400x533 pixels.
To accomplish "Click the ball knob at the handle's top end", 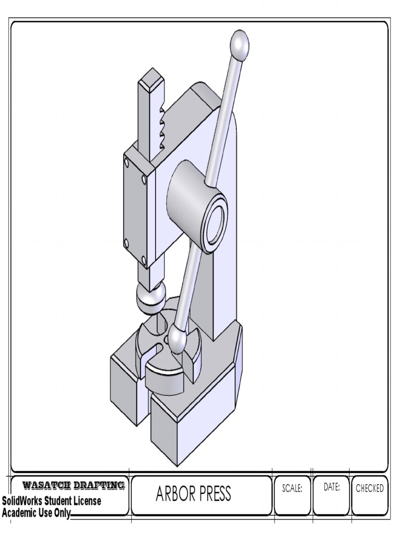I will point(239,45).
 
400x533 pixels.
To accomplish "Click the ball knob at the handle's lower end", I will point(178,340).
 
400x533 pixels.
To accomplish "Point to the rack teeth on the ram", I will point(161,125).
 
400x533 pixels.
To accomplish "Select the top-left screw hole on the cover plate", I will point(127,162).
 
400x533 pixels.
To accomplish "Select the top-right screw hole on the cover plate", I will point(144,179).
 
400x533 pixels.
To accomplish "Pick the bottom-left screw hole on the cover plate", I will point(127,242).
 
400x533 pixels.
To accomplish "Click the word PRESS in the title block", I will point(213,494).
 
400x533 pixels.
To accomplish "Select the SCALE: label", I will point(292,488).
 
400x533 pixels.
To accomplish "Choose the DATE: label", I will point(332,488).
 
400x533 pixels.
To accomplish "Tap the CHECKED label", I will point(370,488).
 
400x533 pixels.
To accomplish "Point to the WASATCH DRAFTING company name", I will point(73,485).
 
